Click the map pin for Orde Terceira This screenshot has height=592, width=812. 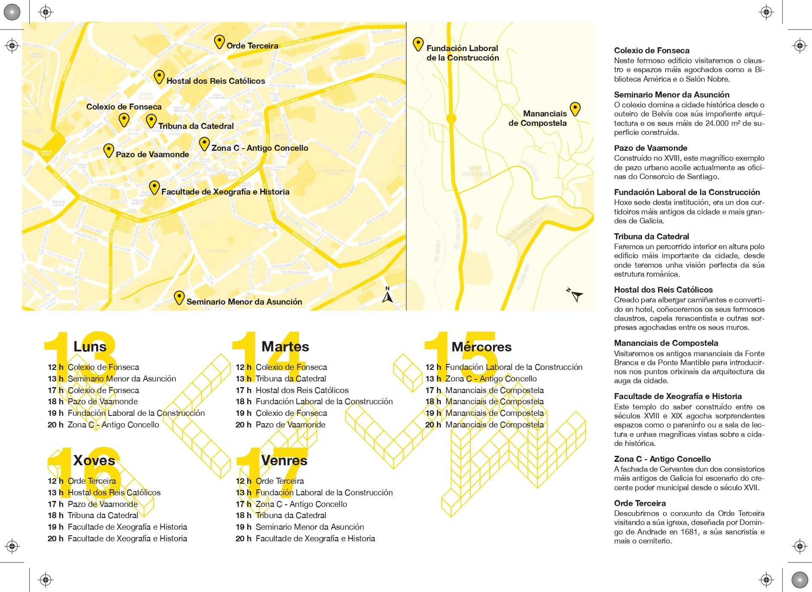(219, 42)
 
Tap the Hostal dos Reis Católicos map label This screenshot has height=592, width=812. (215, 81)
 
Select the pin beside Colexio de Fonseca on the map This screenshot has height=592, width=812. (124, 119)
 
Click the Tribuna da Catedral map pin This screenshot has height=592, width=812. (151, 121)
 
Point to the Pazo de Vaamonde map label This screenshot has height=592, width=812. (152, 154)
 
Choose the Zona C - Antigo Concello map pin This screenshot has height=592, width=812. (204, 143)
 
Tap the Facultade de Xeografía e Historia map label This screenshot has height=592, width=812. (225, 192)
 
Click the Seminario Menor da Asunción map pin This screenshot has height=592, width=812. (179, 297)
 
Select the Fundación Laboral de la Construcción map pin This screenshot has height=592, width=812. (418, 44)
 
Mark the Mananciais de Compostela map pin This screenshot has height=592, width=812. (575, 109)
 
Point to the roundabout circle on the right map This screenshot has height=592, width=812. (451, 119)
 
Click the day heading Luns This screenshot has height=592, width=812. (90, 346)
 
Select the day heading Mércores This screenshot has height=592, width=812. (482, 347)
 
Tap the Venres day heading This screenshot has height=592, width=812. (284, 460)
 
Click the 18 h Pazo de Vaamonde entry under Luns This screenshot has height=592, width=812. (103, 401)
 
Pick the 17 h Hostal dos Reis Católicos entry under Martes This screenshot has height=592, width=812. (302, 390)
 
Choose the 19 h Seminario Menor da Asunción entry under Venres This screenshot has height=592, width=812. (309, 527)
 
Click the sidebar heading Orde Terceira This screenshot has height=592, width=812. (640, 503)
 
